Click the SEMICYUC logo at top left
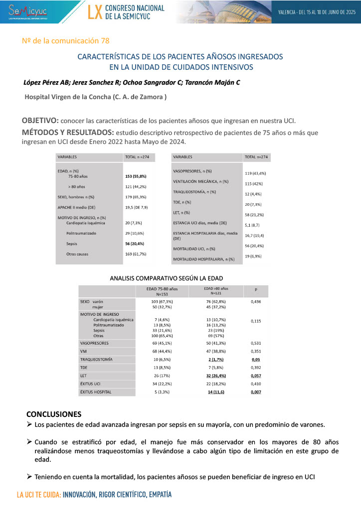pyautogui.click(x=31, y=11)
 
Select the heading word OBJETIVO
pyautogui.click(x=40, y=121)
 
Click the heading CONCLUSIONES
pyautogui.click(x=53, y=414)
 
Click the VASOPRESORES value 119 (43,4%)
pyautogui.click(x=255, y=173)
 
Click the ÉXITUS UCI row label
pyautogui.click(x=93, y=383)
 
